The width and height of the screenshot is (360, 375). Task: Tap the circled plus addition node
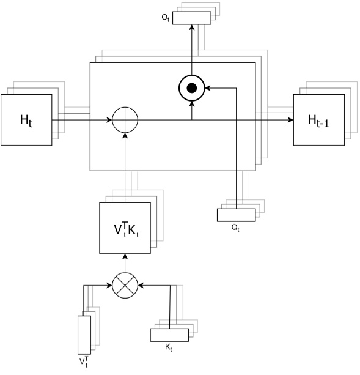pos(125,119)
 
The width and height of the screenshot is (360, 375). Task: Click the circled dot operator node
pos(192,89)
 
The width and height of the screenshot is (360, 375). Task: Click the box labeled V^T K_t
pos(125,228)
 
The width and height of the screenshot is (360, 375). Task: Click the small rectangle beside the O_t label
pos(191,18)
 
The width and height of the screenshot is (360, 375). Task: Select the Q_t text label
pos(235,227)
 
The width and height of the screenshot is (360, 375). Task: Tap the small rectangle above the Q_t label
pos(236,215)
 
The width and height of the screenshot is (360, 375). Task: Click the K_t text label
pos(169,347)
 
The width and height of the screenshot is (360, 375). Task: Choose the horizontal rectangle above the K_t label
pos(169,335)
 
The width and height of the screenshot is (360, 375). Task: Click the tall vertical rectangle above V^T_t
pos(84,333)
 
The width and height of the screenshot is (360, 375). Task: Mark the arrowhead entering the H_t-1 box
pos(290,119)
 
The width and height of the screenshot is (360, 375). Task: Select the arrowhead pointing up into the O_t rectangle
pos(192,28)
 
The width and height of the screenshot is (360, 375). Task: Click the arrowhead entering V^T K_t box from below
pos(125,257)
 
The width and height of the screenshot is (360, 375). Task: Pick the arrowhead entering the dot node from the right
pos(208,89)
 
